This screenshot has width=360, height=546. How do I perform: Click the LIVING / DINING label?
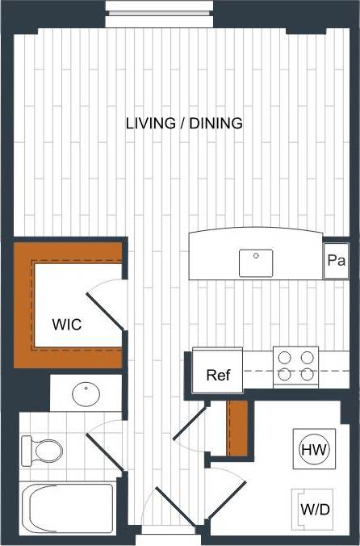[x=185, y=124]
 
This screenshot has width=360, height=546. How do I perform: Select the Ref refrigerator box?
[x=217, y=375]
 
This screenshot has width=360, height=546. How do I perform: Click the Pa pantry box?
[x=337, y=261]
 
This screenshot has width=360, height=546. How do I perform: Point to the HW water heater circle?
[x=313, y=450]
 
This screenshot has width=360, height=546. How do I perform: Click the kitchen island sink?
[x=256, y=262]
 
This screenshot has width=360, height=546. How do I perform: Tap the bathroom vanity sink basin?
[x=86, y=394]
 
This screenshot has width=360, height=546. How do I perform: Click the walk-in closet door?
[x=105, y=310]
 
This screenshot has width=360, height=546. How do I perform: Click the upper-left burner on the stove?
[x=285, y=356]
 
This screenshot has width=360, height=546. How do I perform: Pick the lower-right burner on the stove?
[x=307, y=374]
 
